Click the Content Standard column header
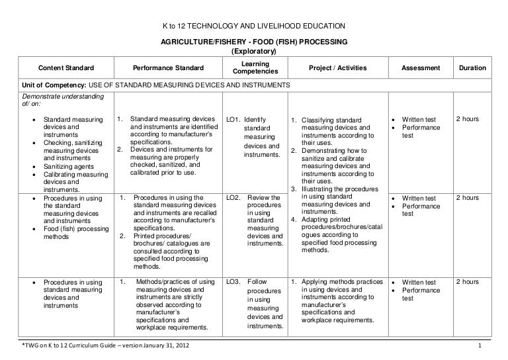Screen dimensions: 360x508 coord(66,68)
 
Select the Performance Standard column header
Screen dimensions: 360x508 coord(169,68)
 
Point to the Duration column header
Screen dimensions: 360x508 coord(472,68)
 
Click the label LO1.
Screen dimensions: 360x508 coord(232,119)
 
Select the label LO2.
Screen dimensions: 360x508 coord(232,198)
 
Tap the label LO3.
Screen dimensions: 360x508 coord(232,282)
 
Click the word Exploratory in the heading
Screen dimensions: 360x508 coord(254,52)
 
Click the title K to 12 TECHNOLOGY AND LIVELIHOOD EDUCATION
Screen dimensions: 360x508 coord(254,26)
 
